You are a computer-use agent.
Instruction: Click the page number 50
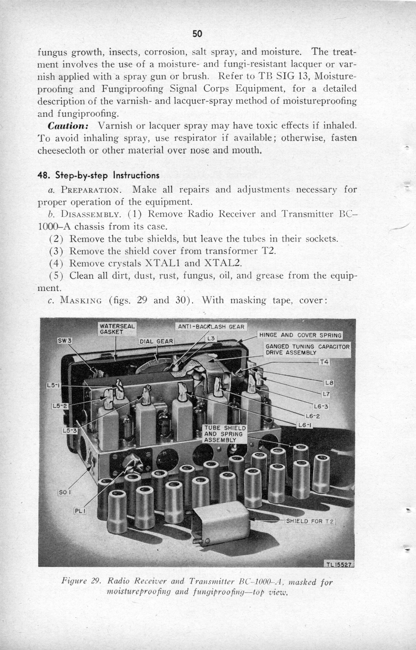[197, 34]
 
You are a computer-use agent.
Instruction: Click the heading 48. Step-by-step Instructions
[98, 176]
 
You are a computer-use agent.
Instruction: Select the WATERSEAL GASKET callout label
[117, 329]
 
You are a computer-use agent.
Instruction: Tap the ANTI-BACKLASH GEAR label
[211, 327]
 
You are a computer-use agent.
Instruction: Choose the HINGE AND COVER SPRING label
[300, 335]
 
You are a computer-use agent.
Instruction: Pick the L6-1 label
[305, 425]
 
